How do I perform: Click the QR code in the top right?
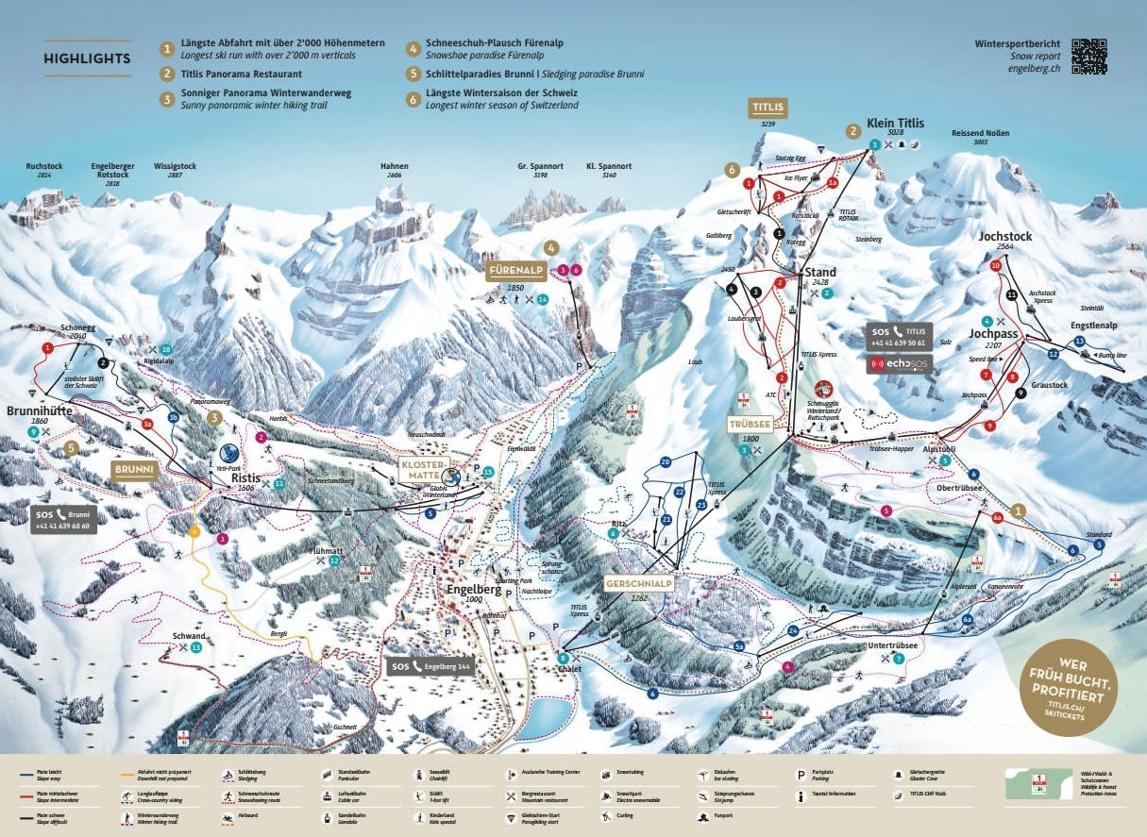coord(1088,57)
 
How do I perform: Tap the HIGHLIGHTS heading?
coord(87,59)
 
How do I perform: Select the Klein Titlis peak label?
coord(898,123)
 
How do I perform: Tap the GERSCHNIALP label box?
coord(639,583)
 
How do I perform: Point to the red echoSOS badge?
coord(899,364)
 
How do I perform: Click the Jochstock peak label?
coord(1005,237)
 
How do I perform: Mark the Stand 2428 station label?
coord(819,273)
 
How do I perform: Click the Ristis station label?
coord(245,478)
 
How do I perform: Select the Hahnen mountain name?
coord(394,166)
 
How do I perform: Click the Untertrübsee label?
coord(894,645)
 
